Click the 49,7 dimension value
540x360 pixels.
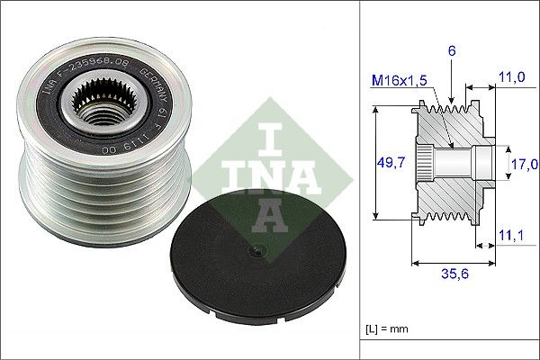(389, 163)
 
